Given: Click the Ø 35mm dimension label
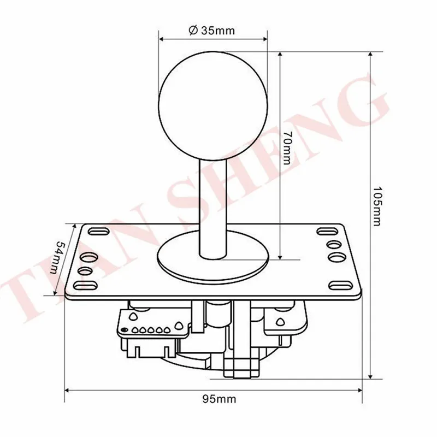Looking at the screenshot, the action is pos(212,30).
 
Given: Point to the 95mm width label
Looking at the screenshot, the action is pos(219,399).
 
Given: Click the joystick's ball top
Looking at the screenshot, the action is pos(213,106).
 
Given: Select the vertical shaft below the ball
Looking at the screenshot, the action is pos(213,208).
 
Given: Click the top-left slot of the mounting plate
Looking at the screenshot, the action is pos(99,231).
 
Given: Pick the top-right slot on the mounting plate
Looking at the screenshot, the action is pos(327,231).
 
